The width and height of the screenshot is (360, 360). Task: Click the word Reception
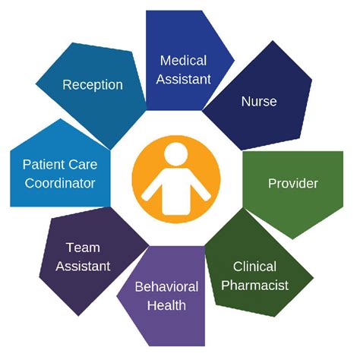point(93,85)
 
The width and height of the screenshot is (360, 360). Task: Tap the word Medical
point(183,61)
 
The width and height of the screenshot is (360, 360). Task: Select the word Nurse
point(259,101)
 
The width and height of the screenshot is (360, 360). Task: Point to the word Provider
point(293,183)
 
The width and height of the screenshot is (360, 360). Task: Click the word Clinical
point(254,267)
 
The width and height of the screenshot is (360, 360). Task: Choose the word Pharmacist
point(254,285)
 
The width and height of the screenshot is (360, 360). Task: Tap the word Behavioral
point(166,286)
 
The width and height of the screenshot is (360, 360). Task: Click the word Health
point(166,305)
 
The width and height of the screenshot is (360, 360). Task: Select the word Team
point(83,248)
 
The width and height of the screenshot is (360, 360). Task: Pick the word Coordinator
point(60,183)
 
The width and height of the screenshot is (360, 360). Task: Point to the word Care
point(82,164)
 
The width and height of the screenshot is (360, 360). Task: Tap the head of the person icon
point(176,154)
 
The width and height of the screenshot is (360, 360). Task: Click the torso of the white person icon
point(175,191)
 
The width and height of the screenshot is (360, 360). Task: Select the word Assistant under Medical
point(183,79)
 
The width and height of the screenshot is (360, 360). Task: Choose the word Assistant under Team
point(83,266)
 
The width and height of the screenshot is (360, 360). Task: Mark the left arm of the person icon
point(152,188)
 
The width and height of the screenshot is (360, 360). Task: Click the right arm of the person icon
point(200,188)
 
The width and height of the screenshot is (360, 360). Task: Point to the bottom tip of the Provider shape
point(292,239)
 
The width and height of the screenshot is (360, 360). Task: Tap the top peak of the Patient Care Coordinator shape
point(60,119)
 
